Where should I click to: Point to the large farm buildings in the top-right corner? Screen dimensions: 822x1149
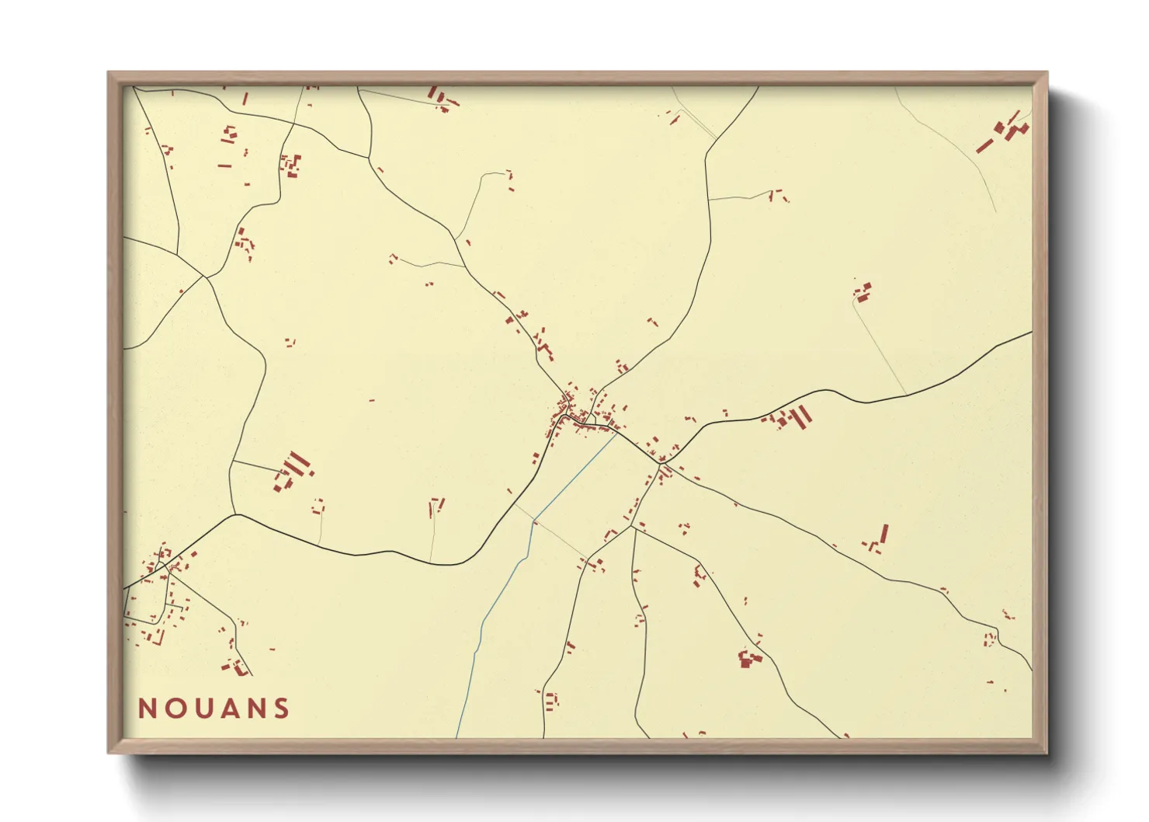[x=1005, y=132]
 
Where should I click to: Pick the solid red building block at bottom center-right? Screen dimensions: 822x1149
[x=749, y=659]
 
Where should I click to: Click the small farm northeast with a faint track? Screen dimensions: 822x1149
[x=863, y=292]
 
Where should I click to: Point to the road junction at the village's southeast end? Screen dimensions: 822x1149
[x=663, y=464]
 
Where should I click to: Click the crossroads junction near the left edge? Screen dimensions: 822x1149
[x=204, y=277]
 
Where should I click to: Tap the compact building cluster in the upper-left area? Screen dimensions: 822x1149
[x=290, y=165]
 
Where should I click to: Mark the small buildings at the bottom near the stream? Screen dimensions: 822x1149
[x=551, y=700]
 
